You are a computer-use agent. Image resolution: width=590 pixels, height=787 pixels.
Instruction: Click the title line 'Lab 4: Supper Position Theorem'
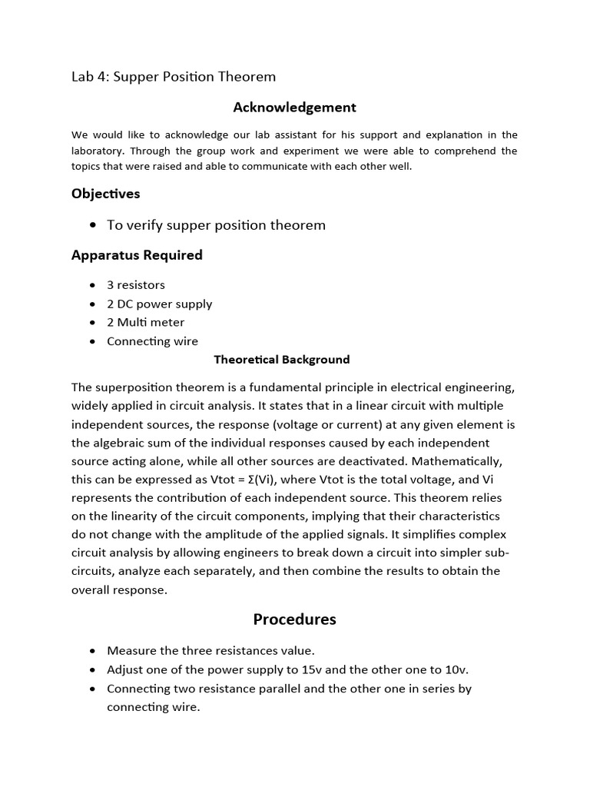174,77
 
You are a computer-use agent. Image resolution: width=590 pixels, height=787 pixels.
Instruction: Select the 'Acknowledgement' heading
295,108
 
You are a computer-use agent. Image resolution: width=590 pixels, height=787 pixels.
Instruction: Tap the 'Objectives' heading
106,194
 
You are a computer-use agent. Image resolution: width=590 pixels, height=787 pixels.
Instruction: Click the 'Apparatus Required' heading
137,255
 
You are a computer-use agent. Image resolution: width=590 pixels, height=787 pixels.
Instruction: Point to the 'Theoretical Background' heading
281,360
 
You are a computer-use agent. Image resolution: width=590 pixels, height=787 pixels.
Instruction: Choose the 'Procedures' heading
295,619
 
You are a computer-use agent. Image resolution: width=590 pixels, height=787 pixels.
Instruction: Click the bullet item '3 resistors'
136,285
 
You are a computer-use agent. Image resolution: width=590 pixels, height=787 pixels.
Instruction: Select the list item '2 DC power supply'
159,304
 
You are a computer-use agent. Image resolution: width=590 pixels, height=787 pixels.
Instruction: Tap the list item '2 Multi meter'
146,322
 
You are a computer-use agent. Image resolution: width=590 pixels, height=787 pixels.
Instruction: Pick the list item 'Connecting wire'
152,341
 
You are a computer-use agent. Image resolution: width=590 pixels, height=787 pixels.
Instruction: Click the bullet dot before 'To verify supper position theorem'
93,225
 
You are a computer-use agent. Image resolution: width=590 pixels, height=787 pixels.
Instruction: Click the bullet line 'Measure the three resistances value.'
210,650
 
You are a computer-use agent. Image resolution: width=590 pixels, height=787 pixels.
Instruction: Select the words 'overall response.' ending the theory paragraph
119,589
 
